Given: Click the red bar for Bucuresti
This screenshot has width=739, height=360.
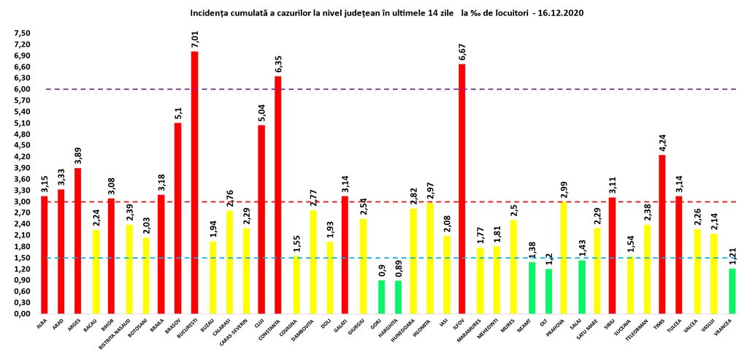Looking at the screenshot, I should [195, 183].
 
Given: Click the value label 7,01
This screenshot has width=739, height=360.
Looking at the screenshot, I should [195, 38].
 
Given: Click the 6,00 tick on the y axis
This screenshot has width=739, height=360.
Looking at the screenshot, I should [22, 89].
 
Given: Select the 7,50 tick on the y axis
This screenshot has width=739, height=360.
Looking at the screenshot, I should [22, 33].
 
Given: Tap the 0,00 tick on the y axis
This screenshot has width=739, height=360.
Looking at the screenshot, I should [22, 313].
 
